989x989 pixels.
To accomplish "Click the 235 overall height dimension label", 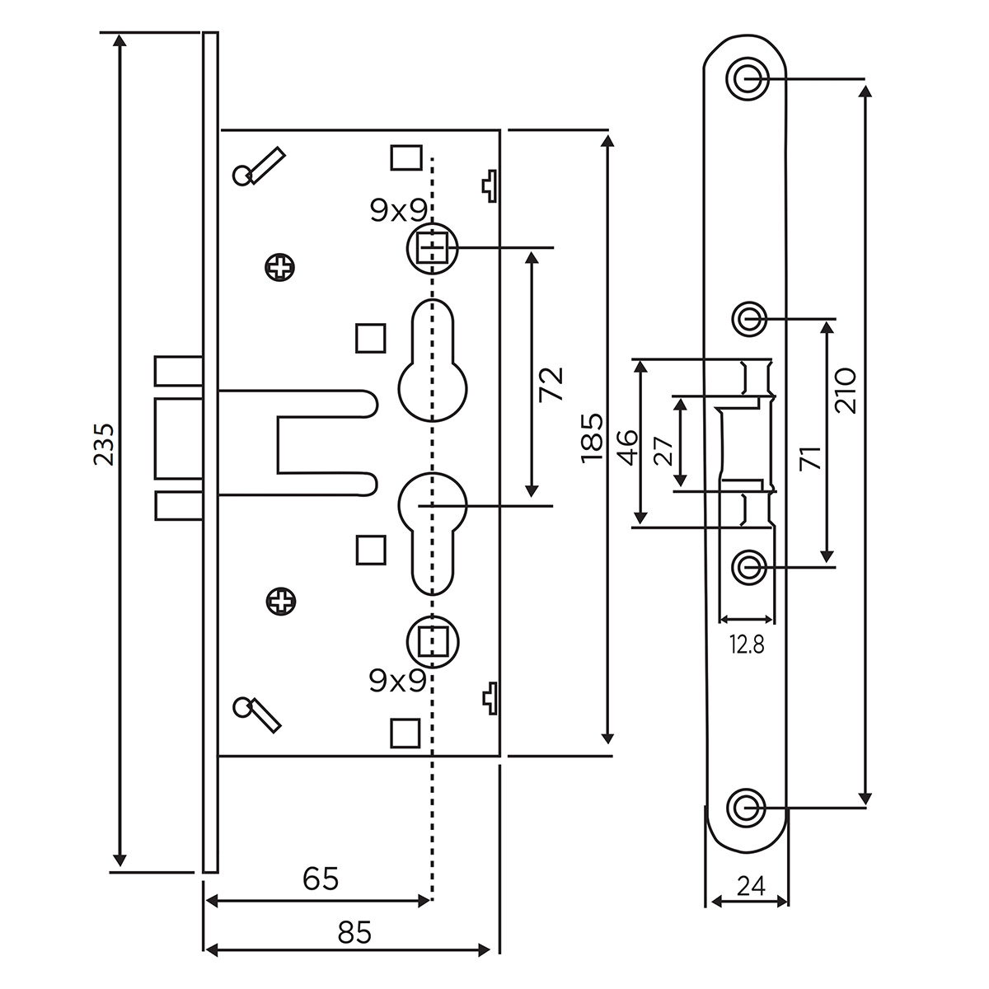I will pos(103,446).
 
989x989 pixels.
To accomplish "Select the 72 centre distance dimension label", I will pos(550,383).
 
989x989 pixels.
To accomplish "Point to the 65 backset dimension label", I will pos(321,879).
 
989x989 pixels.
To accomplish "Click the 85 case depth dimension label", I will pos(354,933).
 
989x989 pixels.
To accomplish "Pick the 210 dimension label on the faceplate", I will pos(846,390).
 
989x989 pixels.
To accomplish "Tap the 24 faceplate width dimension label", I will pos(750,886).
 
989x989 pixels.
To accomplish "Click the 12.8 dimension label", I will pos(747,645).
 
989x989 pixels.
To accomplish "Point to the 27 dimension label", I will pos(664,451).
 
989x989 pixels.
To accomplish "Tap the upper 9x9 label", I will pos(397,212).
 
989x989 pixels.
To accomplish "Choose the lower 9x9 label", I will pos(397,681).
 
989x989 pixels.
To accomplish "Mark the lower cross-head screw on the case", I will pos(281,600).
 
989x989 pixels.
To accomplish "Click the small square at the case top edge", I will pos(405,157).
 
